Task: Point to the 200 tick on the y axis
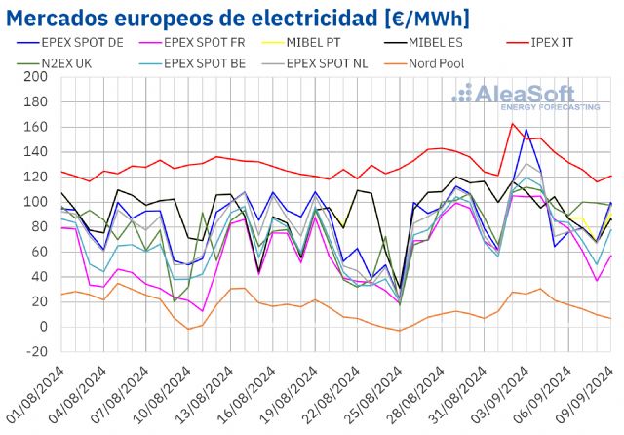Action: click(36, 77)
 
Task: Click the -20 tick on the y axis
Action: click(36, 351)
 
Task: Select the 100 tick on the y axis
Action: click(36, 202)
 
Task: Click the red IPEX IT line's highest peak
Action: click(513, 123)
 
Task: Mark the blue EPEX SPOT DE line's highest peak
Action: click(526, 129)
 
